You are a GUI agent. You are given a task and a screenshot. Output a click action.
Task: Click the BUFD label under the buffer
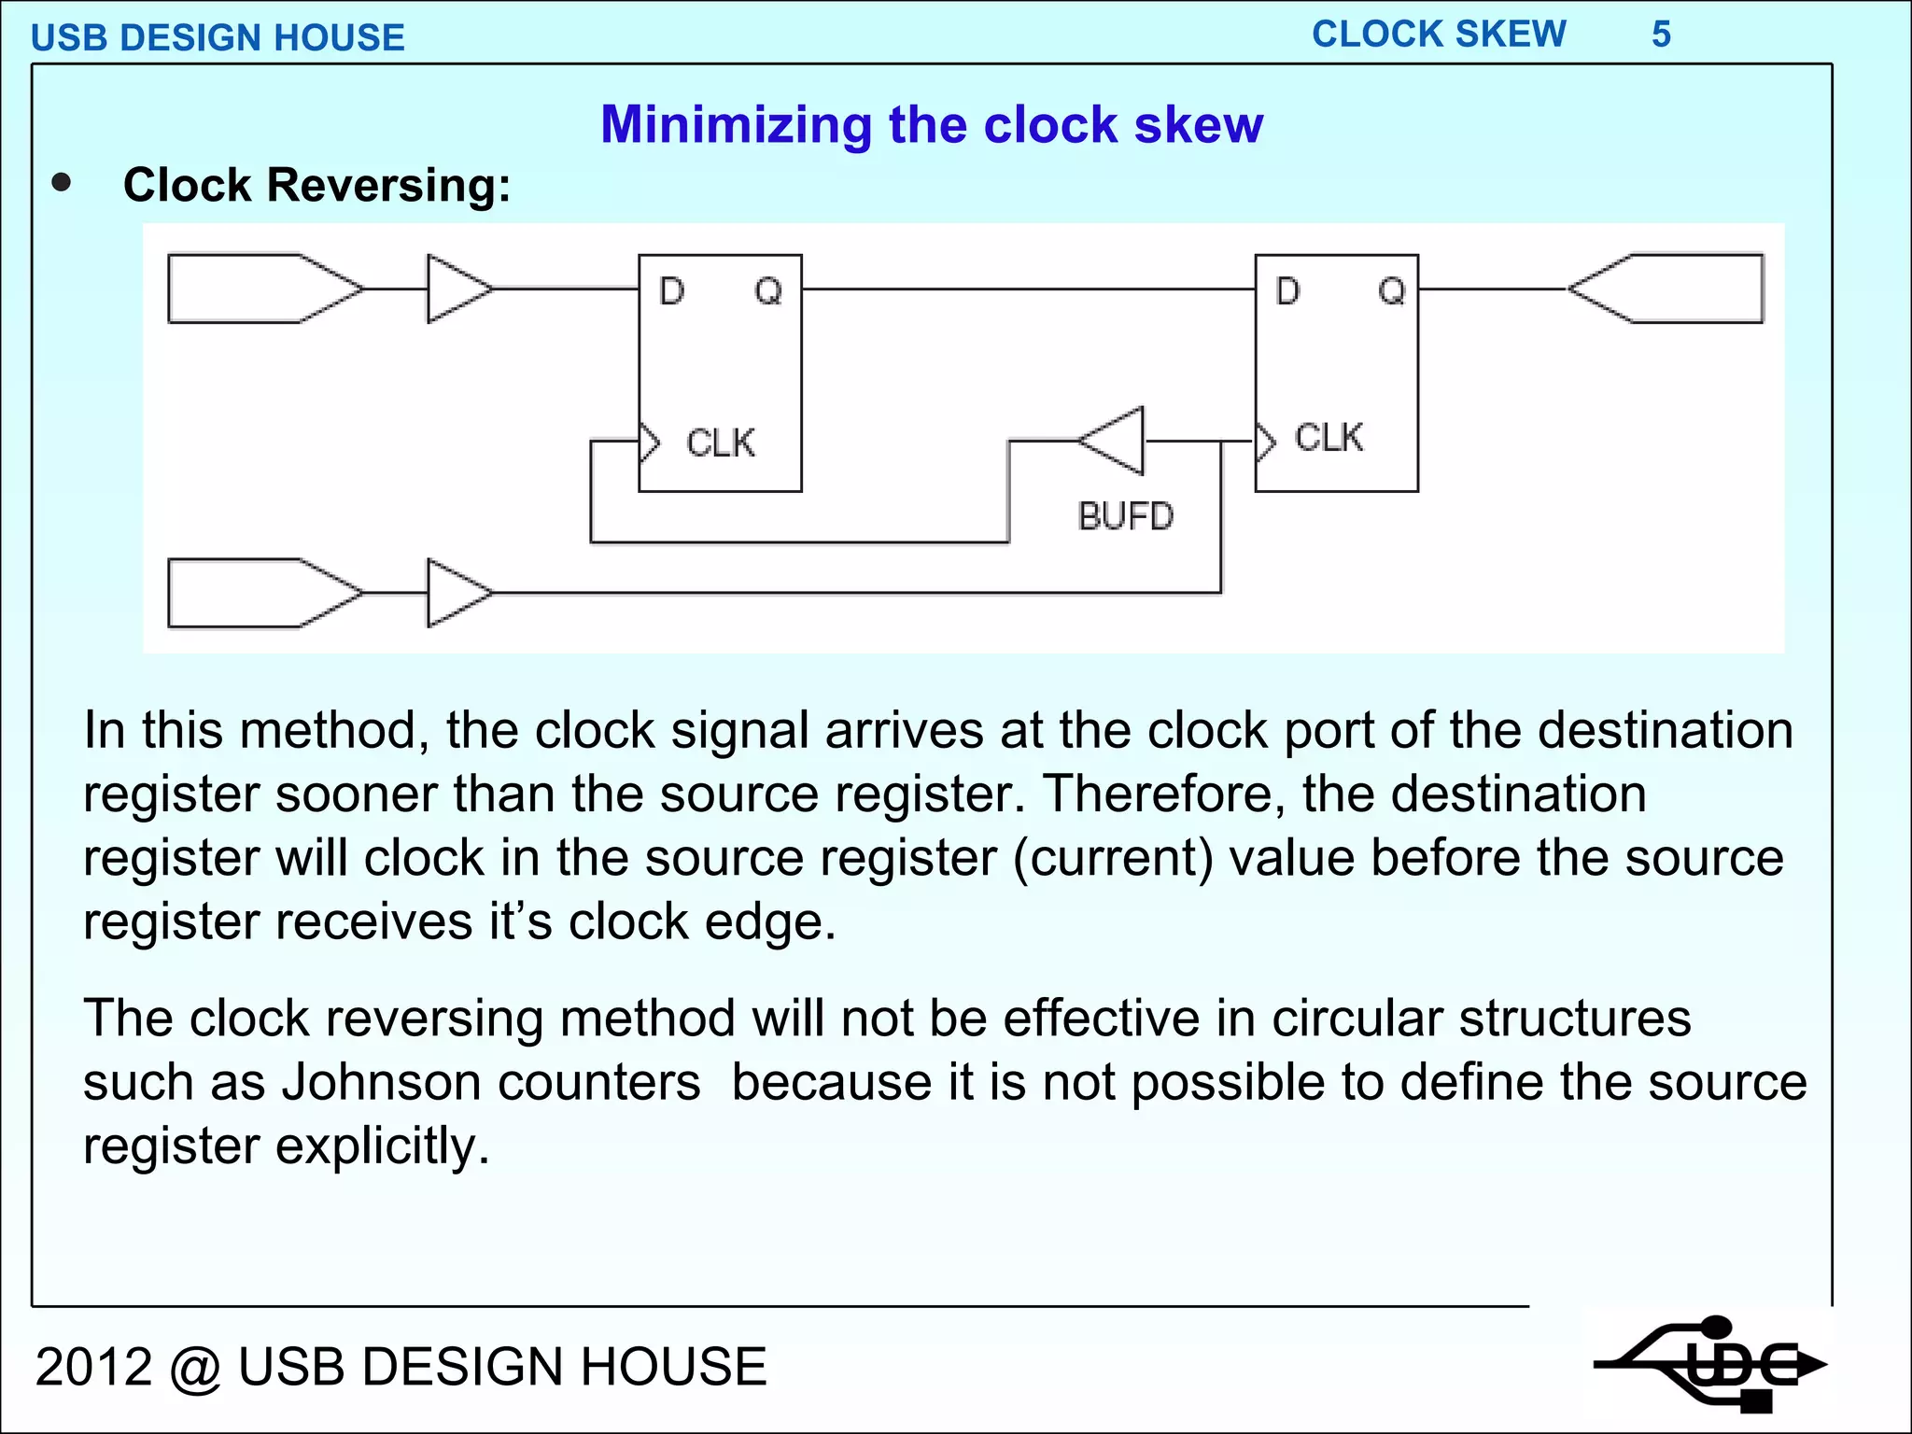(1125, 516)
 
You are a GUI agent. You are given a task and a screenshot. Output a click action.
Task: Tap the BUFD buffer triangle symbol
(1116, 440)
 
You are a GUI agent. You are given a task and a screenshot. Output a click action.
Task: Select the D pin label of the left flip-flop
(671, 291)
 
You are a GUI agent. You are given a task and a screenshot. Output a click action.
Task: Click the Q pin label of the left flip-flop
(767, 291)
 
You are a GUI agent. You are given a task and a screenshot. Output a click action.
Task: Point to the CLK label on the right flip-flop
(1329, 437)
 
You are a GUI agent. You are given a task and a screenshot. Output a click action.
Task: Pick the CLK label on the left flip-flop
(720, 443)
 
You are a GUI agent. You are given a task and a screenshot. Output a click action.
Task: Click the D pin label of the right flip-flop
(1287, 291)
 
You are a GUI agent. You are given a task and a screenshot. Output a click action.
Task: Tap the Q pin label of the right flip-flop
(1391, 291)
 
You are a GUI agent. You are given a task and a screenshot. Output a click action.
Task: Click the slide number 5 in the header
(1661, 35)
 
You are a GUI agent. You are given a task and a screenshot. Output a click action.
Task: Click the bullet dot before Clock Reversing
(62, 183)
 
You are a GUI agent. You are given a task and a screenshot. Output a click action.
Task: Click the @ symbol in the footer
(194, 1367)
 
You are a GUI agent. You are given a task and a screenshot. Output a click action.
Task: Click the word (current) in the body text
(1113, 858)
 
